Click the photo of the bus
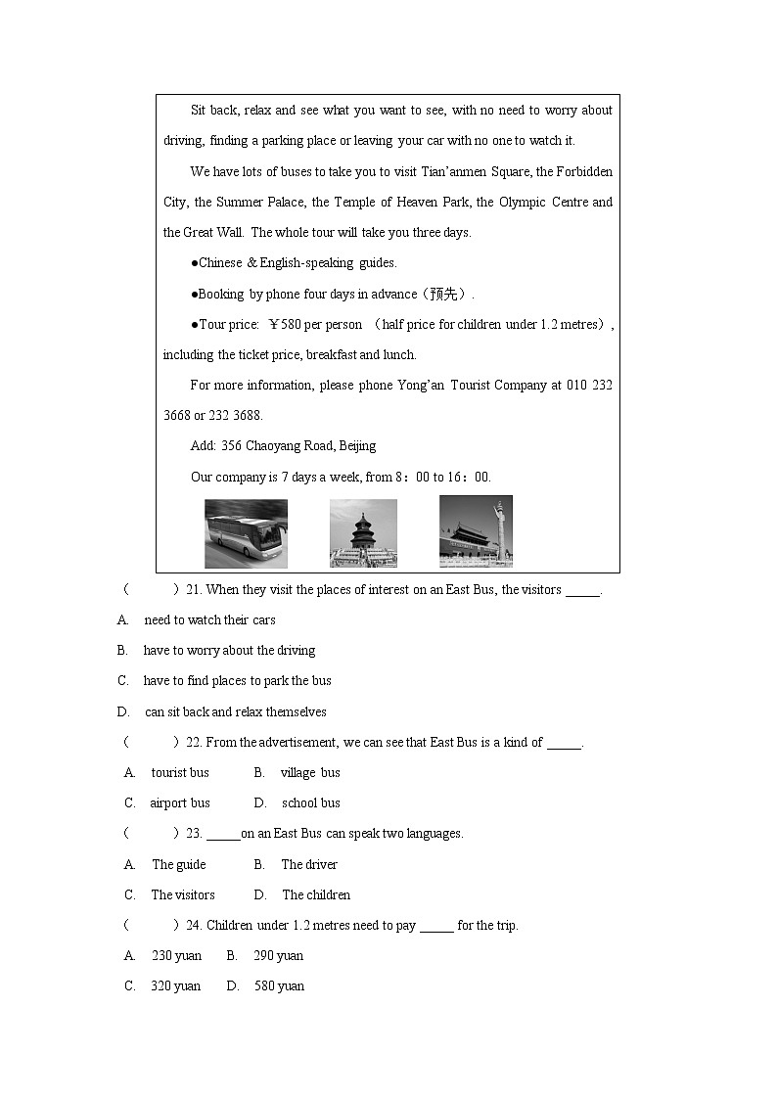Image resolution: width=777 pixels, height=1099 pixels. (246, 533)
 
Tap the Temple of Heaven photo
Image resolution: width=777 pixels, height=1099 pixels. (363, 533)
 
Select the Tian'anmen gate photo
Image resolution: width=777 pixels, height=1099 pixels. (476, 531)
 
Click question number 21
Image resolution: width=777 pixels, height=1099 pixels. (193, 590)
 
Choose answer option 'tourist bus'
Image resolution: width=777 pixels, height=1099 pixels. (180, 773)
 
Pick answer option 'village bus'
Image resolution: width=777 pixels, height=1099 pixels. (310, 773)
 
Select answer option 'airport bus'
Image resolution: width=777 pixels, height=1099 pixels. (180, 803)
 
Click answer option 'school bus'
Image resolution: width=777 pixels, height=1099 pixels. (311, 803)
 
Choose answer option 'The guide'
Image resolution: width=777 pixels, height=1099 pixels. (179, 865)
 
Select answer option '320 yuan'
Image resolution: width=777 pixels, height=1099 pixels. (176, 986)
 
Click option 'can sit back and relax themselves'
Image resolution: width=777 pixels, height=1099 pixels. (236, 712)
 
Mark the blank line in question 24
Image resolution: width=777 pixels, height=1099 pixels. (436, 927)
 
